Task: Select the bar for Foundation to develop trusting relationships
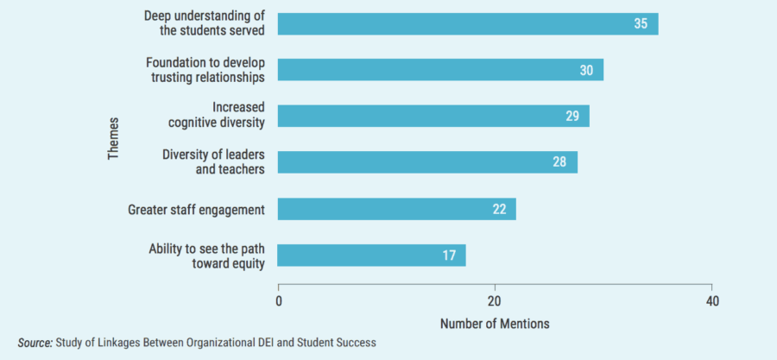(x=440, y=70)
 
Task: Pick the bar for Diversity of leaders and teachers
(x=427, y=162)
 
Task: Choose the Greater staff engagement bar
(x=397, y=209)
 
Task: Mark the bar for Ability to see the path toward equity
(x=371, y=256)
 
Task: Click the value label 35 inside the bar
(x=641, y=24)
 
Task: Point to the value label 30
(x=586, y=70)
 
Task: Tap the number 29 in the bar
(x=572, y=116)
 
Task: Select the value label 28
(x=560, y=162)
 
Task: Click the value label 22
(x=499, y=209)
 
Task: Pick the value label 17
(x=449, y=256)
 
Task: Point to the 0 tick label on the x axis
(x=279, y=301)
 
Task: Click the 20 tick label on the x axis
(x=496, y=301)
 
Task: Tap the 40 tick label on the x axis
(x=711, y=301)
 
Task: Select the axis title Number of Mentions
(x=495, y=324)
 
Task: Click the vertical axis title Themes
(x=113, y=138)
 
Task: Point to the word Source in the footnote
(x=35, y=343)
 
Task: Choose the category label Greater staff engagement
(x=196, y=209)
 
